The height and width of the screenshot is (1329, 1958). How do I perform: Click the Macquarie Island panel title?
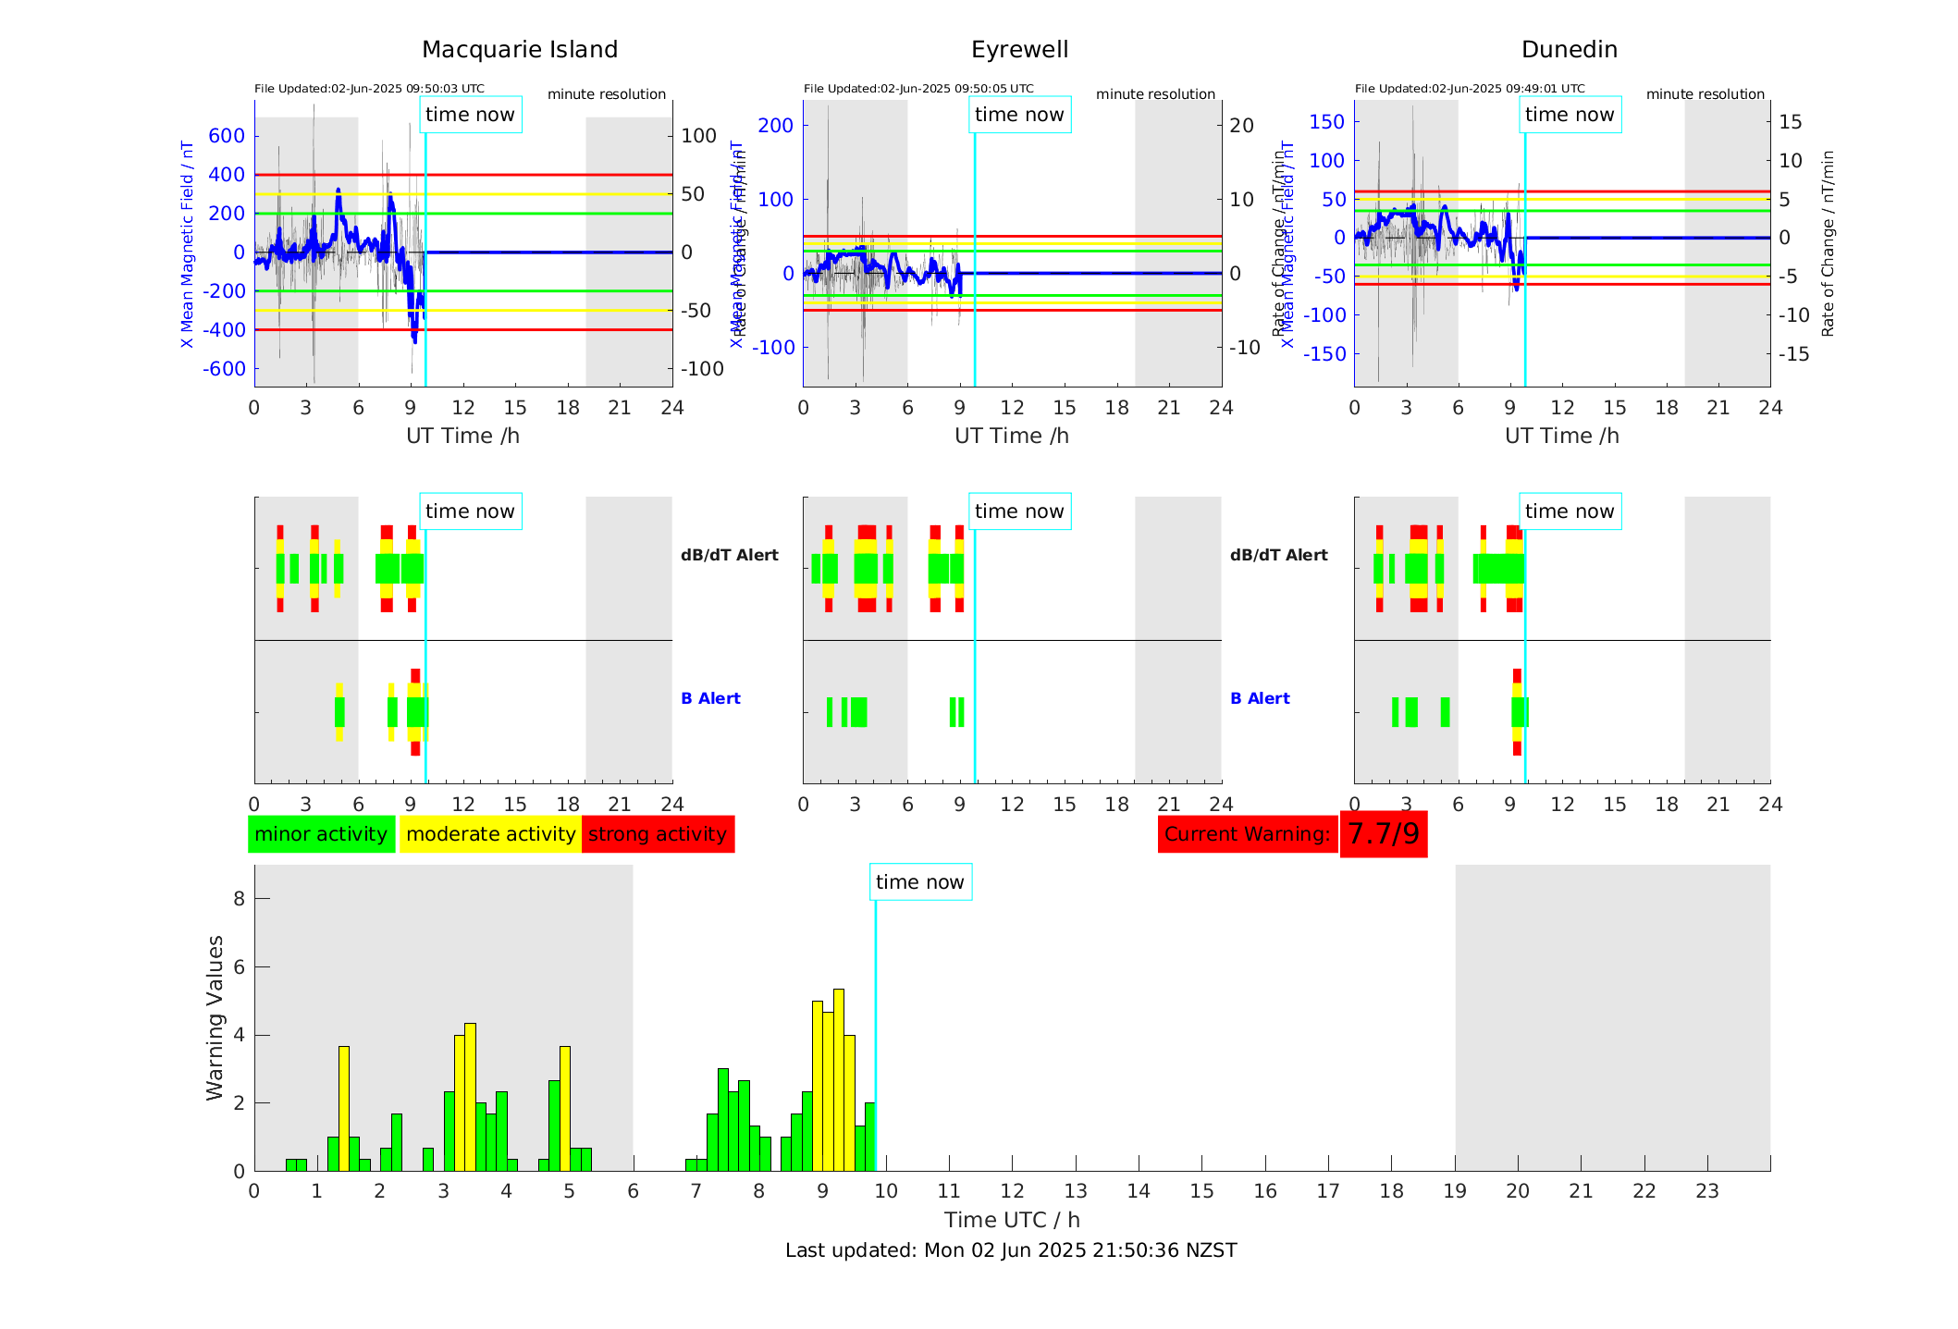519,50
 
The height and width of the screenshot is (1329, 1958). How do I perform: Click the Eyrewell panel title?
1019,50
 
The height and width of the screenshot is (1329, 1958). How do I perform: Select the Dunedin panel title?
1569,50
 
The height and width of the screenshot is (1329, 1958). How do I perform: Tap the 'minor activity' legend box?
321,834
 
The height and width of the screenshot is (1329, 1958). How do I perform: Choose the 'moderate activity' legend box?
490,834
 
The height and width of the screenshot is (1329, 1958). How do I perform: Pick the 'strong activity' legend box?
658,834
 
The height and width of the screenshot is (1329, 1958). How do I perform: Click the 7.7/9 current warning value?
1383,834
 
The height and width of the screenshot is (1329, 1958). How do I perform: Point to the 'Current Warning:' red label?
1247,834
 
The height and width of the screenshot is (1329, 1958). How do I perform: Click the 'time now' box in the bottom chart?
919,882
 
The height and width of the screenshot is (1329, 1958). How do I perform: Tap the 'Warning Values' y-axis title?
216,1017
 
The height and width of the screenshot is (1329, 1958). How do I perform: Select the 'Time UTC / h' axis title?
1012,1220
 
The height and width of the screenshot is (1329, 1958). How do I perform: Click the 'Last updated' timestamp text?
1011,1250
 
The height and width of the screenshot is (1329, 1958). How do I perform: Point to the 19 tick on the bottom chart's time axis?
1455,1191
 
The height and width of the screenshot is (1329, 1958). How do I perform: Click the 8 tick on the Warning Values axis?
239,899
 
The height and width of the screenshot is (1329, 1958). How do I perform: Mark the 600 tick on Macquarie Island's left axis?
227,136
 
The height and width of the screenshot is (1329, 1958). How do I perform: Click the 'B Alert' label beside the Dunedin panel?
1260,698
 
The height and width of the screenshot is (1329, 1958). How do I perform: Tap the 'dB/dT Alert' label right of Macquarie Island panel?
729,555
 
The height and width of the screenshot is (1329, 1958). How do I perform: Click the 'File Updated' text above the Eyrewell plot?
918,89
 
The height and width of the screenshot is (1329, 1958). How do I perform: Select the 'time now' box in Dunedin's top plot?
1569,115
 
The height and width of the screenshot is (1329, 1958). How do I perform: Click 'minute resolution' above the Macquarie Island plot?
606,94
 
